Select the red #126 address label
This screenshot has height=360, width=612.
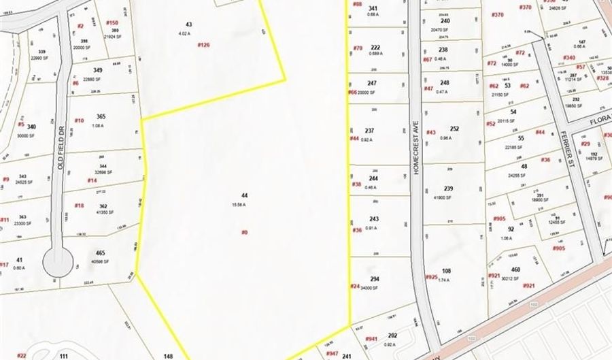tap(203, 45)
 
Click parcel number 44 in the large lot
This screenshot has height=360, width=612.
tap(244, 195)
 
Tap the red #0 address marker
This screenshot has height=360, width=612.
tap(244, 232)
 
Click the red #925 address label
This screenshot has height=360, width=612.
tap(431, 277)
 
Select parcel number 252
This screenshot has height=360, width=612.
tap(454, 129)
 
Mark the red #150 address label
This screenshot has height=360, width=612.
tap(112, 22)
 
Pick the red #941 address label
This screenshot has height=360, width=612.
tap(371, 338)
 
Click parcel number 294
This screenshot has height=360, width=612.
tap(374, 279)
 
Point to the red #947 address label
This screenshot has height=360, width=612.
tap(332, 354)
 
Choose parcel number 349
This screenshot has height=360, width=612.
tap(99, 70)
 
